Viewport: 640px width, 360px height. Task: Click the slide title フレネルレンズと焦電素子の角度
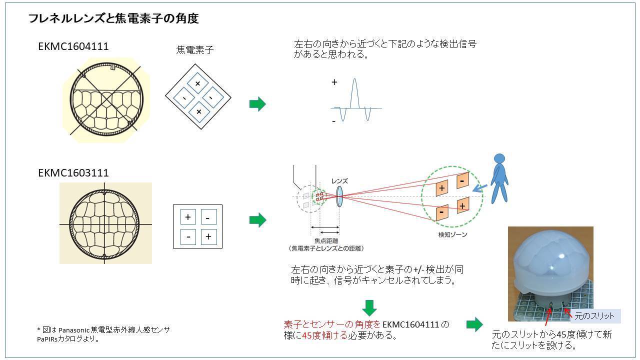pyautogui.click(x=113, y=19)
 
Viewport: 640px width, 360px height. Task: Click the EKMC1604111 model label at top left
pyautogui.click(x=73, y=46)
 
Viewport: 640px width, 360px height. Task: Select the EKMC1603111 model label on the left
pyautogui.click(x=73, y=173)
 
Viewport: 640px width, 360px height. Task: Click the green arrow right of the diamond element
pyautogui.click(x=257, y=104)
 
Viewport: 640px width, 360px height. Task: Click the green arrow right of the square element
pyautogui.click(x=257, y=220)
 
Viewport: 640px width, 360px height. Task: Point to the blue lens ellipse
pyautogui.click(x=339, y=197)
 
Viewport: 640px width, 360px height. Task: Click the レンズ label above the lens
pyautogui.click(x=339, y=181)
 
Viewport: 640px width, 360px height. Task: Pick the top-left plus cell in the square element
pyautogui.click(x=188, y=217)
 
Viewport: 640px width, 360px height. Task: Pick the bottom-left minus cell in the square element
pyautogui.click(x=188, y=236)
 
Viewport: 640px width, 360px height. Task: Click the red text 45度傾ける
pyautogui.click(x=324, y=335)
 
